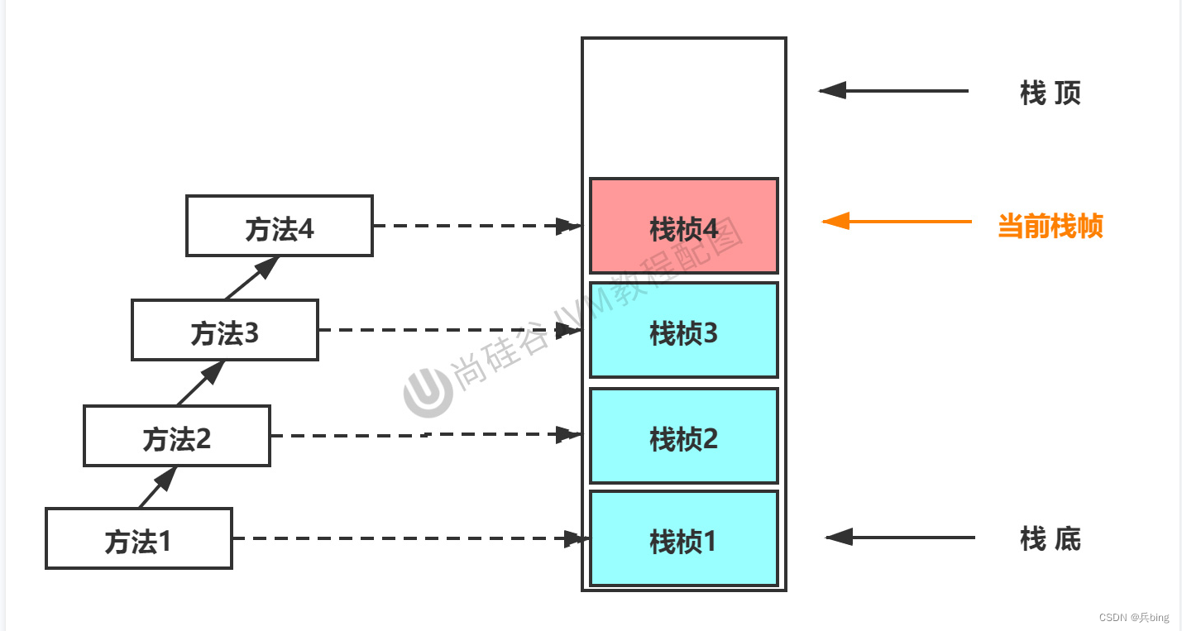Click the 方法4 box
point(280,226)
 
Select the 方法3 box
point(225,330)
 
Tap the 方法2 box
point(177,436)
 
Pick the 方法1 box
point(139,538)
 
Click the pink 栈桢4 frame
point(683,226)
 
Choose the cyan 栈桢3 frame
point(683,330)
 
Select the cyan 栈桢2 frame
point(683,436)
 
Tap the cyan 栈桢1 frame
point(683,538)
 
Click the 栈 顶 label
point(1050,93)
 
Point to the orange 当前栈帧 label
point(1050,225)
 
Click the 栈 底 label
point(1050,539)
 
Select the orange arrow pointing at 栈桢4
point(897,222)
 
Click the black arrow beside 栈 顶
point(893,90)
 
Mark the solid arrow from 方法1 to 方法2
point(158,487)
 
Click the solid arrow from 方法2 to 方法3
point(201,383)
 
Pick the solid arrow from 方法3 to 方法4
point(251,278)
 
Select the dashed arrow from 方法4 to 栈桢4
point(476,225)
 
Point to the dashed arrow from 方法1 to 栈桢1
point(409,538)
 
